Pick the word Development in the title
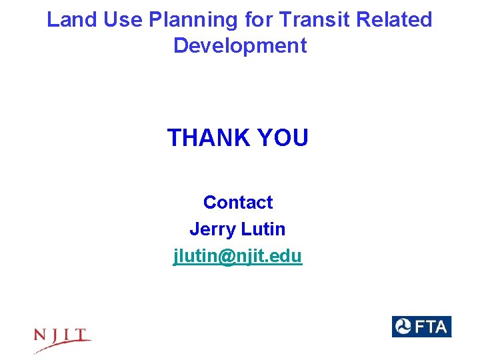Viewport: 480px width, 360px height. (240, 46)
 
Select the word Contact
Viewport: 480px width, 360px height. (238, 202)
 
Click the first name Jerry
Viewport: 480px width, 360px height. (213, 229)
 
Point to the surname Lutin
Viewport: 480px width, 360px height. (263, 229)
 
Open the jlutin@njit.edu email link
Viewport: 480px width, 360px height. (238, 256)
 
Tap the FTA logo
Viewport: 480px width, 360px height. (421, 327)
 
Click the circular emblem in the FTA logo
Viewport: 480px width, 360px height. (404, 327)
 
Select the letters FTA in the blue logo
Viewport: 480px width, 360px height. (432, 327)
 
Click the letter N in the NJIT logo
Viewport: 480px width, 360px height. (42, 335)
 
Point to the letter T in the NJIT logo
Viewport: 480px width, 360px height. (83, 334)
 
